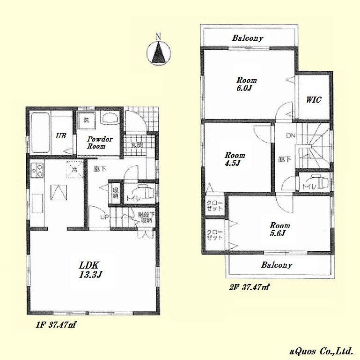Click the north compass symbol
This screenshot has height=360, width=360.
(x=159, y=51)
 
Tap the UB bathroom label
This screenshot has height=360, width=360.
(x=61, y=136)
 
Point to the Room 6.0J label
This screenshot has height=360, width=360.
(x=246, y=84)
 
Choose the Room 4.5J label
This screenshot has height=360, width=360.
(x=234, y=159)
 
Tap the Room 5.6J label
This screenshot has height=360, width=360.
(x=279, y=229)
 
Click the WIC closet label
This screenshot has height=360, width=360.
(x=313, y=100)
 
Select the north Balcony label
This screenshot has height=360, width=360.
(x=248, y=38)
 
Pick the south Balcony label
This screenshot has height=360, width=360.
(x=277, y=265)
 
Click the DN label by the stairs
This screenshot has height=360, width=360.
(x=291, y=136)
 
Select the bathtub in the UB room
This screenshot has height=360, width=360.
(x=39, y=132)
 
